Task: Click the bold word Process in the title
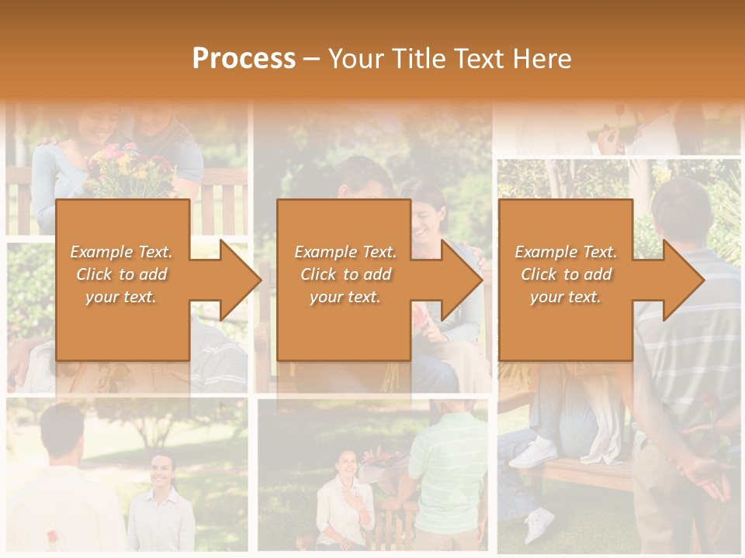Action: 244,59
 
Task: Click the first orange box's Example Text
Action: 122,252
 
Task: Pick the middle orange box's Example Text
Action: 345,252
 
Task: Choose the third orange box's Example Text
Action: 566,252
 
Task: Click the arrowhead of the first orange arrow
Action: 241,280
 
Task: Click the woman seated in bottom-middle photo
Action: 345,500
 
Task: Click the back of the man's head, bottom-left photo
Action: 62,426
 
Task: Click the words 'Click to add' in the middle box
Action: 345,274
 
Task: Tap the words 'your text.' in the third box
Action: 566,297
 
